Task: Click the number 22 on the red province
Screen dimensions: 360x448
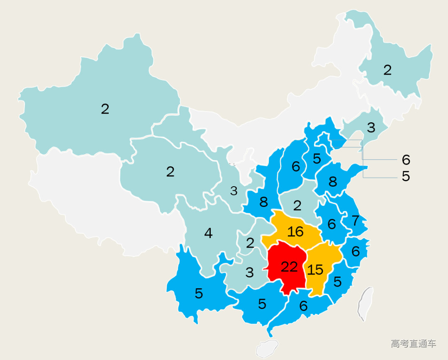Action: [x=289, y=267]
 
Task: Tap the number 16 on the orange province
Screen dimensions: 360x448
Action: [x=295, y=231]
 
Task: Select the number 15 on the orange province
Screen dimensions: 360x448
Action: [x=315, y=270]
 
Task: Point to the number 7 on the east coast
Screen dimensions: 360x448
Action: [x=355, y=221]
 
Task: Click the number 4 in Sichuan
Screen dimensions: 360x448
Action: [x=208, y=234]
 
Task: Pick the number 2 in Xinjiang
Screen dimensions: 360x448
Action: [x=105, y=109]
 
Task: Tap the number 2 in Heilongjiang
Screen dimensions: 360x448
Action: [x=387, y=70]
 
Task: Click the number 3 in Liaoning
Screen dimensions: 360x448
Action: [x=371, y=127]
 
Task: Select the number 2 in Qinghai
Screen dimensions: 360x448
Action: [x=170, y=172]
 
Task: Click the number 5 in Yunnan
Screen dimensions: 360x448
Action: [x=199, y=294]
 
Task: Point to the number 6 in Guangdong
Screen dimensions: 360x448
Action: [x=303, y=306]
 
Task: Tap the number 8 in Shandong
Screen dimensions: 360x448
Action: [x=333, y=182]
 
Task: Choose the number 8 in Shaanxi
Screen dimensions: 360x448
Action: [x=263, y=202]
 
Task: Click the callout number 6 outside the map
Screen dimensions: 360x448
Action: [x=406, y=159]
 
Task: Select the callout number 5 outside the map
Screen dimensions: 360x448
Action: [x=406, y=176]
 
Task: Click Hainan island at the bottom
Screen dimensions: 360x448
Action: [x=267, y=348]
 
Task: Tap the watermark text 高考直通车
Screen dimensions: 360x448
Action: [x=413, y=343]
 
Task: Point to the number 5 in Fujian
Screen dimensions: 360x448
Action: [x=337, y=282]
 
